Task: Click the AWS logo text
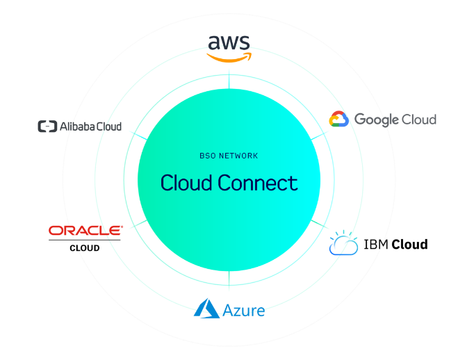tap(229, 43)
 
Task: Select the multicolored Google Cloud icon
tap(338, 120)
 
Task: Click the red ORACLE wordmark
tap(86, 230)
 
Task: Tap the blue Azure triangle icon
tap(207, 308)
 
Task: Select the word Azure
tap(244, 310)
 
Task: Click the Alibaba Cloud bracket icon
tap(47, 126)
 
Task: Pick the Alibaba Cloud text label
tap(90, 126)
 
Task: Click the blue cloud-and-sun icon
tap(343, 243)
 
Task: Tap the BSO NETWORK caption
tap(229, 156)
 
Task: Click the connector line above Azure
tap(229, 281)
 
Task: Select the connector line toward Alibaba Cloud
tap(138, 134)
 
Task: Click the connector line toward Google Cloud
tap(319, 135)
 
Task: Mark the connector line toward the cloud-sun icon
tap(320, 226)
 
